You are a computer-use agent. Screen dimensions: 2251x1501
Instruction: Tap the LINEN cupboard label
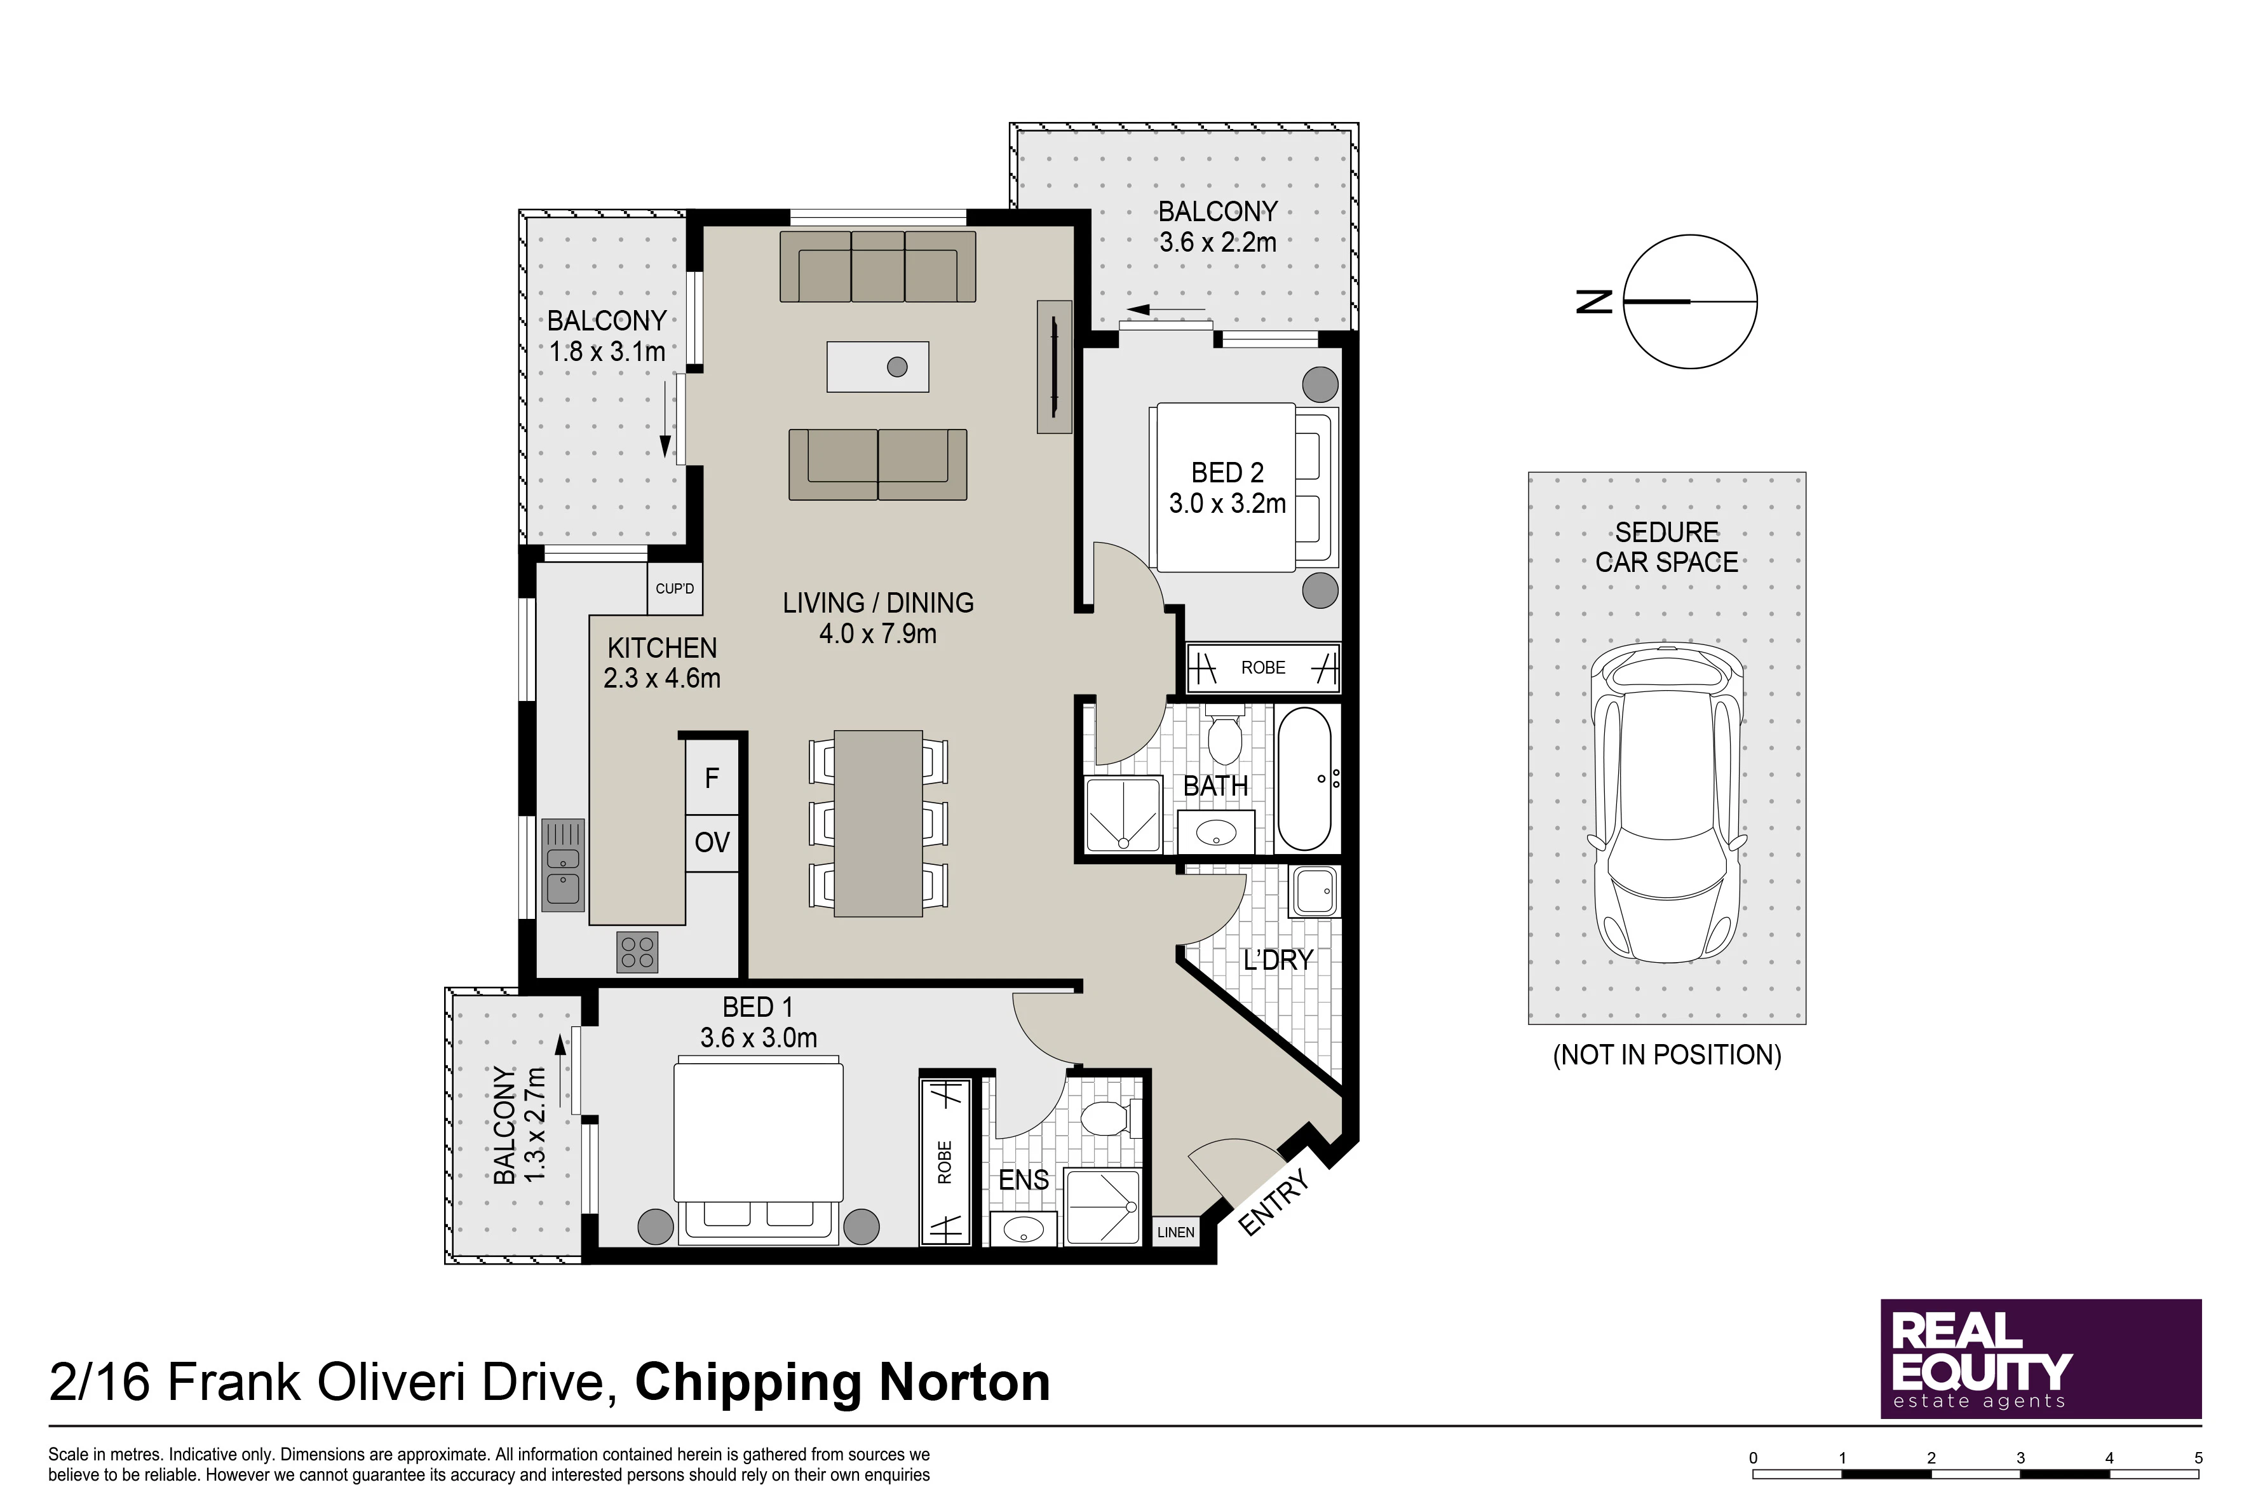pos(1175,1232)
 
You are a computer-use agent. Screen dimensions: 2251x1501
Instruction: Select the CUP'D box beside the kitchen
pos(675,588)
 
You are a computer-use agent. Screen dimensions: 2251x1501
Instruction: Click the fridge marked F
pos(712,778)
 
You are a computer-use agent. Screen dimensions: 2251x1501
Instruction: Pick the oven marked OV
pos(712,843)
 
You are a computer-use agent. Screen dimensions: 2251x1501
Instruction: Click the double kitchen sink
pos(563,864)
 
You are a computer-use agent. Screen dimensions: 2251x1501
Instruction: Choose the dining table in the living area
pos(879,823)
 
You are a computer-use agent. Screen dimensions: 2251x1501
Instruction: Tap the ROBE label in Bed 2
pos(1263,667)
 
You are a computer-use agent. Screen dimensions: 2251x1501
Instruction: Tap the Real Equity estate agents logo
pos(2041,1359)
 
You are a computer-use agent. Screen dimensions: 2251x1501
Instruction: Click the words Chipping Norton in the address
pos(842,1382)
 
